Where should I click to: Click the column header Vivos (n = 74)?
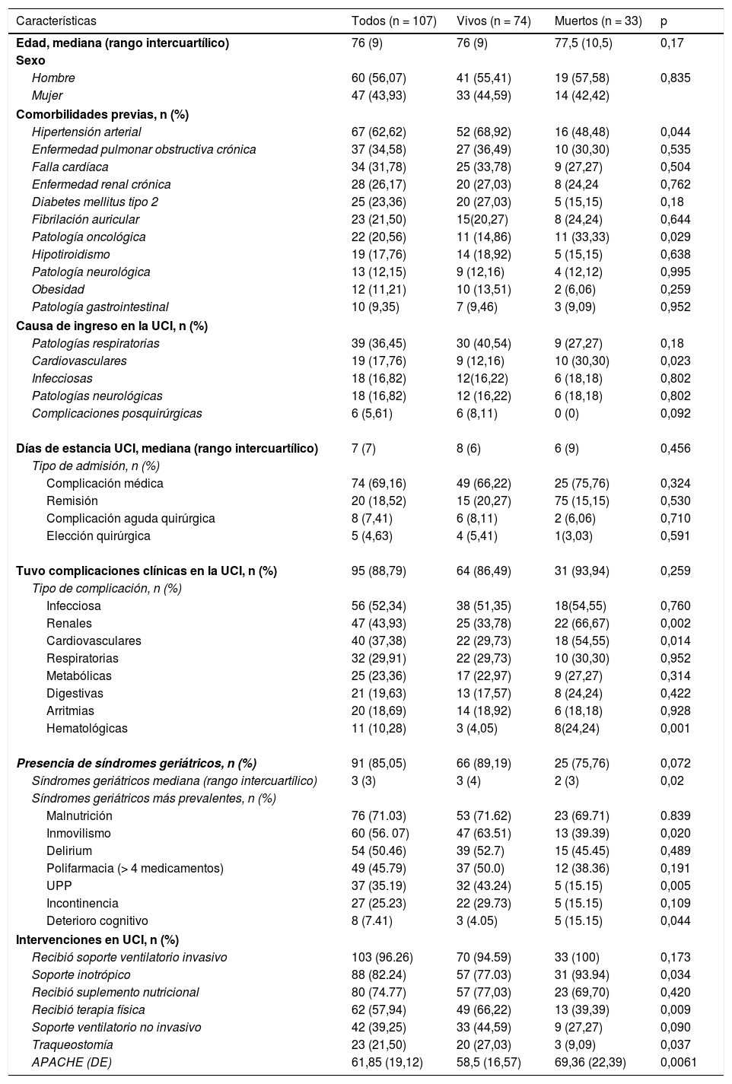[x=493, y=21]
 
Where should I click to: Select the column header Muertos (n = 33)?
[x=598, y=21]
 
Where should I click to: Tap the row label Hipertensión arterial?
[x=86, y=132]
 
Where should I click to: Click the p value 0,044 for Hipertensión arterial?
[x=676, y=132]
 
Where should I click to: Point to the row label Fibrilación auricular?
[x=85, y=219]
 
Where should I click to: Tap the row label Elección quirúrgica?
[x=98, y=536]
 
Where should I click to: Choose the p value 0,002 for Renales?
[x=676, y=623]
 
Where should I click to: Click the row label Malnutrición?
[x=79, y=815]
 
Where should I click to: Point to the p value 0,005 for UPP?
[x=676, y=885]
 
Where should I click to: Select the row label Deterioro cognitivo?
[x=97, y=920]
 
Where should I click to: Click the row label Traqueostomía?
[x=72, y=1044]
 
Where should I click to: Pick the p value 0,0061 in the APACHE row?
[x=679, y=1062]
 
